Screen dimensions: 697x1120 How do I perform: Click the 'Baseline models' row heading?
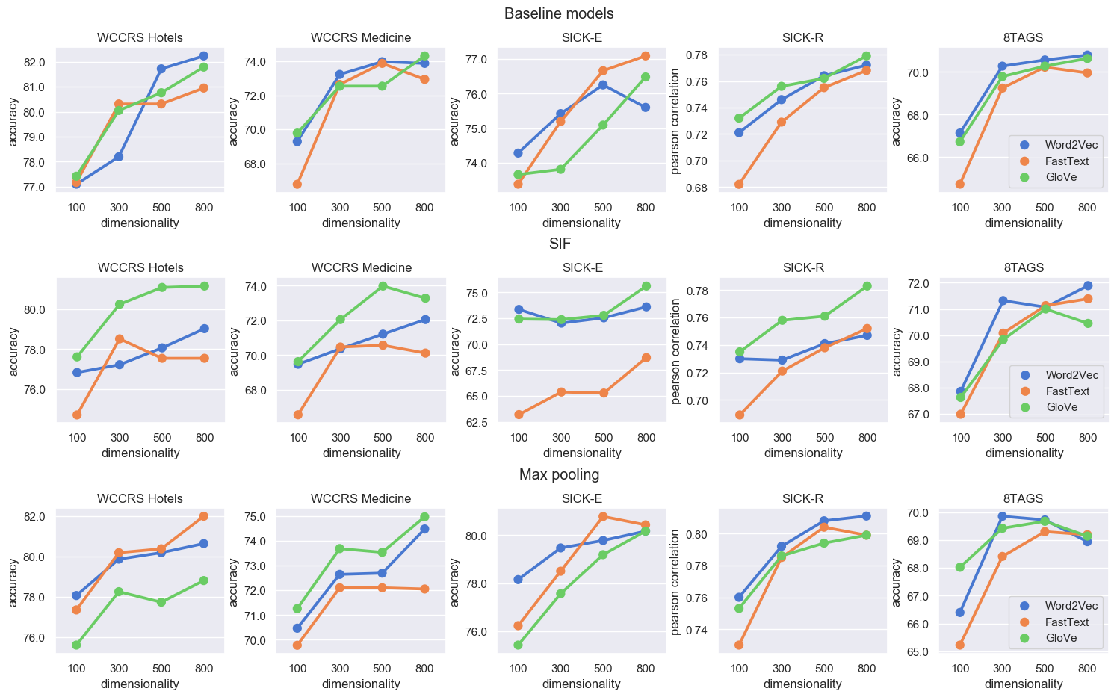559,13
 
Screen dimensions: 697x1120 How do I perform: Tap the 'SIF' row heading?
560,244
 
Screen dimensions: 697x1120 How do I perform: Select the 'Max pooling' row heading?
559,474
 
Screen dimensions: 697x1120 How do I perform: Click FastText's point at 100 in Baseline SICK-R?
739,184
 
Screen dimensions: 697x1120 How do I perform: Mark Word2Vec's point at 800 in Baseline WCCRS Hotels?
203,56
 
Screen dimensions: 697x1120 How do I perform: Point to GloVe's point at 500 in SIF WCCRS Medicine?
383,285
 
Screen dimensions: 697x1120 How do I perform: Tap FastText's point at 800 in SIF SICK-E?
646,357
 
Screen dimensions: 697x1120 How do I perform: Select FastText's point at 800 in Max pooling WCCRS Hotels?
203,516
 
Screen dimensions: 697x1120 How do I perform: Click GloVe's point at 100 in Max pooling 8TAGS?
960,567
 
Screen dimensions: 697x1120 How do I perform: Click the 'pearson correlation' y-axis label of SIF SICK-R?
676,351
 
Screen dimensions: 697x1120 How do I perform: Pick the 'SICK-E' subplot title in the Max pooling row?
582,498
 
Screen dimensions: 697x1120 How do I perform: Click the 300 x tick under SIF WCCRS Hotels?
120,438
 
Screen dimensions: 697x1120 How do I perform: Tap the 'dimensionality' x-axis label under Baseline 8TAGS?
1023,223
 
